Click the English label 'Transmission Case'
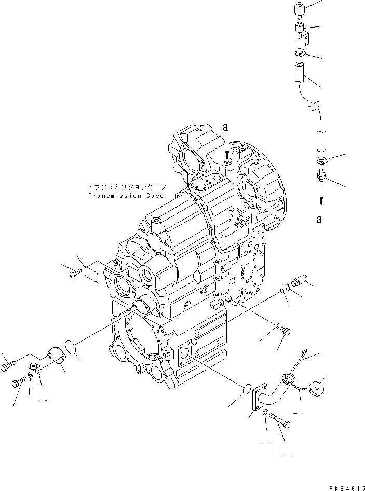coord(126,196)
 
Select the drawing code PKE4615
coord(344,487)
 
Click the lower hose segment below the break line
coord(320,141)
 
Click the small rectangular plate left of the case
coord(91,271)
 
